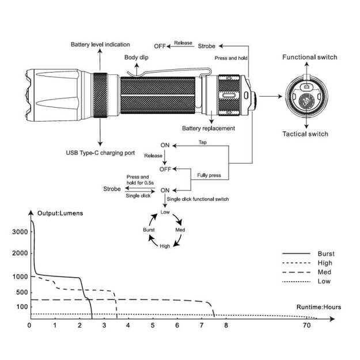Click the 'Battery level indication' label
coord(100,44)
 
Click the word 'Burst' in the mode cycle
coord(149,229)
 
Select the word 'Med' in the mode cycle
coord(180,229)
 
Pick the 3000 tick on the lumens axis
coord(20,232)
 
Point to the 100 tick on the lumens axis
coord(21,306)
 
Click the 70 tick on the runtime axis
coord(308,325)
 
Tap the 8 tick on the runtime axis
coord(226,325)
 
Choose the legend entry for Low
coord(324,281)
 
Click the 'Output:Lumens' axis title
coord(60,213)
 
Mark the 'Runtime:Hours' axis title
coord(319,307)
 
